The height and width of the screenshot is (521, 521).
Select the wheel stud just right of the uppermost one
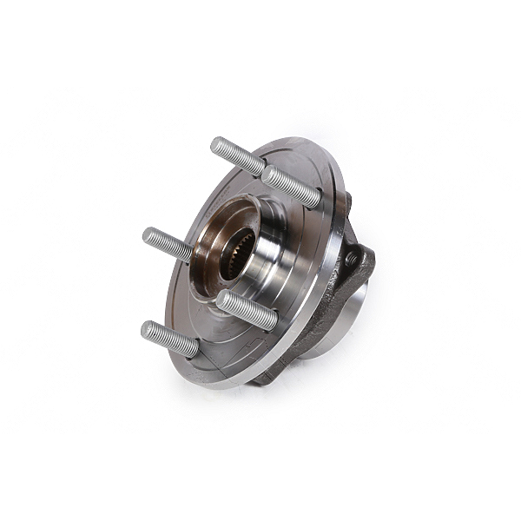(291, 187)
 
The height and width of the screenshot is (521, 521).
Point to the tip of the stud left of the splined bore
(150, 235)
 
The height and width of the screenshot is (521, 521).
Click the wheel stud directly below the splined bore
(247, 310)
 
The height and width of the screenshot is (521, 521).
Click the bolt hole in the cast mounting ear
(351, 259)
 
